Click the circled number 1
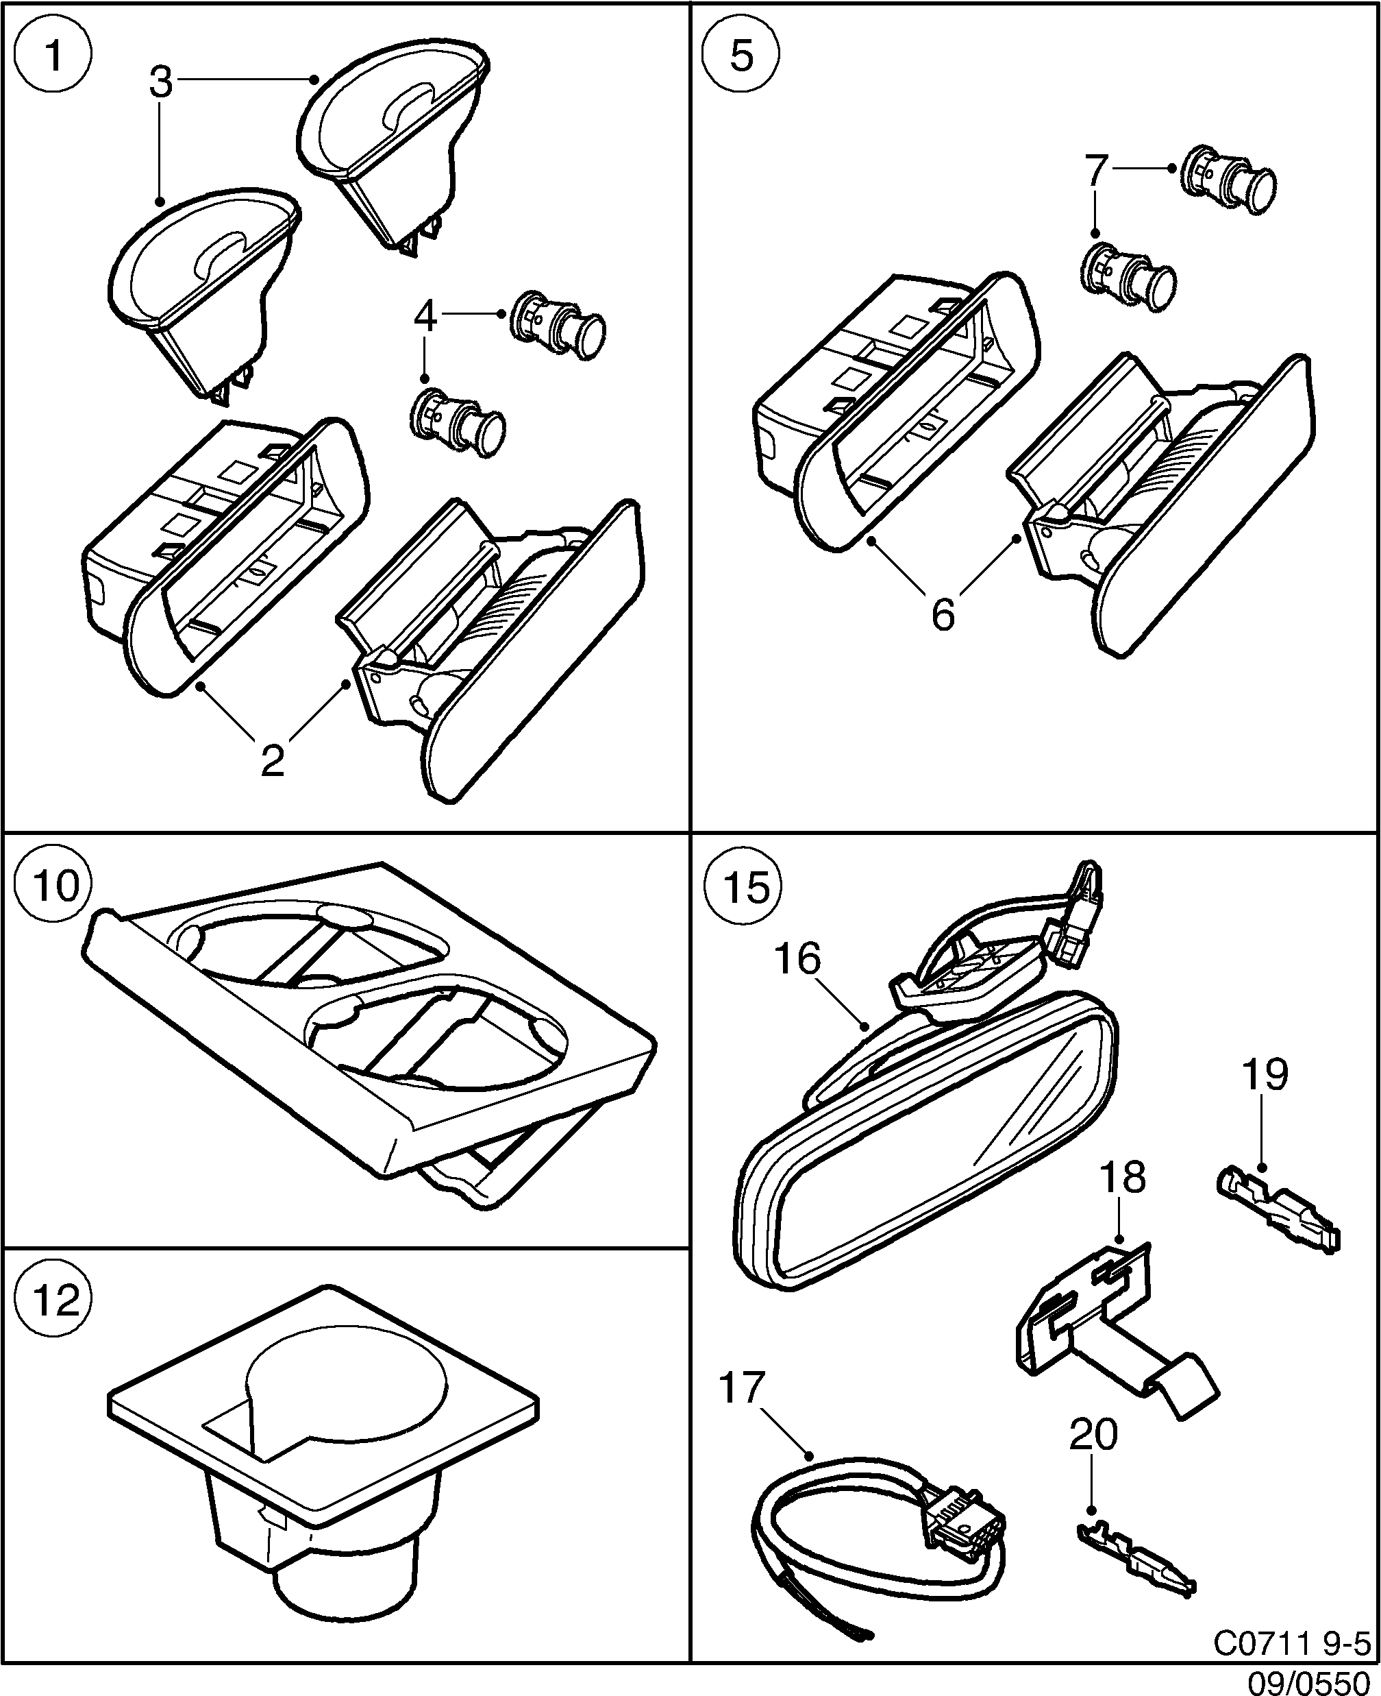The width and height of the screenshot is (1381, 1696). pyautogui.click(x=54, y=56)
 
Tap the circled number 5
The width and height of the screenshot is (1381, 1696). pyautogui.click(x=741, y=56)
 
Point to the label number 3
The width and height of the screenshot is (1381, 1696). pyautogui.click(x=161, y=83)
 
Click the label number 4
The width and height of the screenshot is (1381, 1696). pyautogui.click(x=425, y=317)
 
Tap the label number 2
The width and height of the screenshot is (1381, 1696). pyautogui.click(x=272, y=761)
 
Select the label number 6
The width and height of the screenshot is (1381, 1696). pyautogui.click(x=943, y=614)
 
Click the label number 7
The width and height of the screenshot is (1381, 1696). pyautogui.click(x=1096, y=169)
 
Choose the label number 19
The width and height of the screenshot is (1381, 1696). pyautogui.click(x=1265, y=1074)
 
